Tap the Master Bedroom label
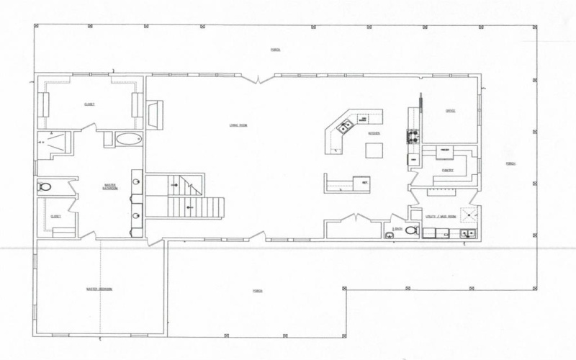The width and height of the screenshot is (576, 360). pos(99,289)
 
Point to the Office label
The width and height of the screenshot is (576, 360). pos(451,111)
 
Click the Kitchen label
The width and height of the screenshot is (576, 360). pos(374,134)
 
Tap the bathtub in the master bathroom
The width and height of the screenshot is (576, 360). pos(129,139)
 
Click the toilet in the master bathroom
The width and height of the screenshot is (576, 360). pos(44,187)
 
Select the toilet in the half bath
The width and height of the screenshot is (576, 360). pos(410,231)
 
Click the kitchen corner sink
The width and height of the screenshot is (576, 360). pos(344,127)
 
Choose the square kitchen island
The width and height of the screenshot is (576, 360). pos(374,150)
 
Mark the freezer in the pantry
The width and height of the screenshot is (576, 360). pos(445,150)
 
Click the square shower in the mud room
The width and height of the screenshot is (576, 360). pos(470,213)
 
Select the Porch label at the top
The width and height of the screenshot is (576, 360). pos(275,50)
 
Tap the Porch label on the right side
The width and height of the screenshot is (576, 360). pos(512,163)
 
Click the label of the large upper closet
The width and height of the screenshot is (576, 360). pos(89,104)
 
